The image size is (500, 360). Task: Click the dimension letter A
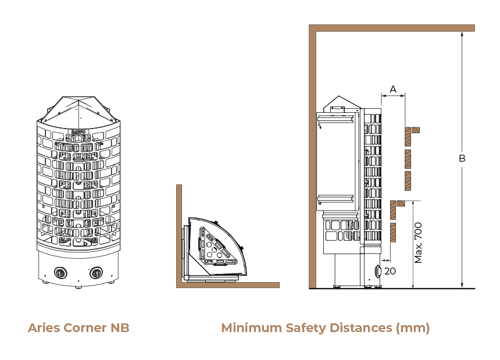click(x=393, y=89)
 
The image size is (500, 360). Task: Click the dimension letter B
click(x=462, y=158)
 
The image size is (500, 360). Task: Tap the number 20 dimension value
click(x=390, y=271)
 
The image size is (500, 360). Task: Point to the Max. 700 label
click(x=418, y=243)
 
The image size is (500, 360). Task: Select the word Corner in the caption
click(x=85, y=328)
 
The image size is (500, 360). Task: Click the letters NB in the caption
click(x=120, y=328)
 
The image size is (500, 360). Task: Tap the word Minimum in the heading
click(x=251, y=328)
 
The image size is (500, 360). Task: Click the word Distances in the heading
click(x=360, y=328)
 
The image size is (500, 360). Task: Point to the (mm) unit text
click(x=413, y=329)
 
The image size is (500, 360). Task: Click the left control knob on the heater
click(x=60, y=273)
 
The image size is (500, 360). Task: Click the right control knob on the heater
click(x=96, y=273)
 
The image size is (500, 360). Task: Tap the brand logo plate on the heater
click(x=78, y=131)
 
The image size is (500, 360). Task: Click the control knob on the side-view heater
click(x=378, y=272)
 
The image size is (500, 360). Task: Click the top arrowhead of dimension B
click(x=462, y=34)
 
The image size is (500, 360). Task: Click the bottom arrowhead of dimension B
click(x=462, y=286)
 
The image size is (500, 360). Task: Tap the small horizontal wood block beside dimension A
click(x=416, y=130)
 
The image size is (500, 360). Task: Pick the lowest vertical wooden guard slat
click(x=393, y=233)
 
